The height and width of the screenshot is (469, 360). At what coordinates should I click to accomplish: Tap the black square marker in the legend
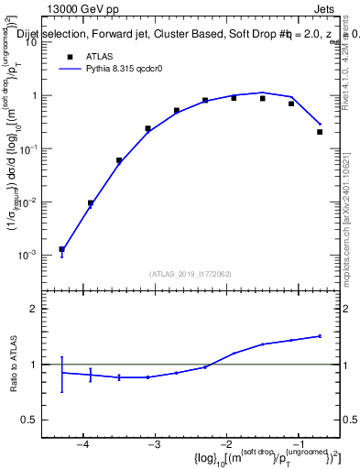point(70,56)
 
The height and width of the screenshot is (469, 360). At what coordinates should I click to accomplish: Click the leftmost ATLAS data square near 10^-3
point(61,249)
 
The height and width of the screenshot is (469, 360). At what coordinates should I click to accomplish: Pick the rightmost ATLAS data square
point(320,132)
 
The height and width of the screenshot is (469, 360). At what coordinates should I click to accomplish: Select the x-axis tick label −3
point(155,444)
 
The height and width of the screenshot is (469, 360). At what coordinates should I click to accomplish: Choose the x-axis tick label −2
point(227,444)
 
